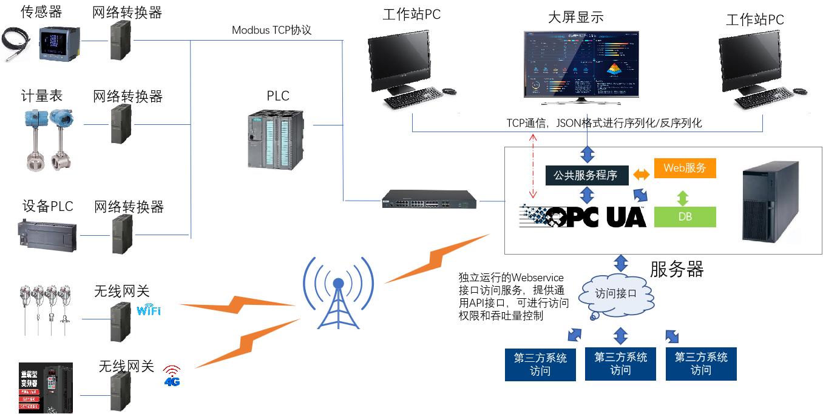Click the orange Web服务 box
(685, 168)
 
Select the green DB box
(685, 217)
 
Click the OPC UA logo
(583, 216)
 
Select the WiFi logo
(149, 310)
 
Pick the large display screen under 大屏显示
(581, 65)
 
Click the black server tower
(768, 202)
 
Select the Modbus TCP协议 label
(271, 30)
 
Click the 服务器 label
(676, 269)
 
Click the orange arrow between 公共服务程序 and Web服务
(641, 175)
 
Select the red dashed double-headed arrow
(533, 165)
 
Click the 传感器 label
(41, 12)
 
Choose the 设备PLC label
(48, 206)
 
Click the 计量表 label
(42, 96)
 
